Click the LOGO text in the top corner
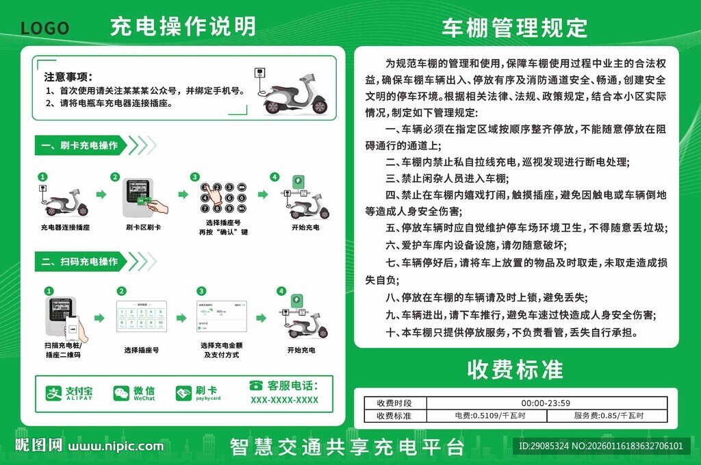[44, 28]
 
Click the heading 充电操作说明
[183, 26]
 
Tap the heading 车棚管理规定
[514, 27]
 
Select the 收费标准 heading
[515, 369]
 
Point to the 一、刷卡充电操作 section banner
[79, 145]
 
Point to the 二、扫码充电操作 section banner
[79, 261]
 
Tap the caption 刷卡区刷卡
[143, 227]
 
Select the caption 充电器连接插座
[65, 227]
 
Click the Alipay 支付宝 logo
[69, 393]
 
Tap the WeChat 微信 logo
[134, 393]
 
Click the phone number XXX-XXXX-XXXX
[284, 400]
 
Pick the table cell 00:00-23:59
[546, 403]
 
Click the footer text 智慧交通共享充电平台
[347, 447]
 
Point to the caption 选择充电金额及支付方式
[221, 350]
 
